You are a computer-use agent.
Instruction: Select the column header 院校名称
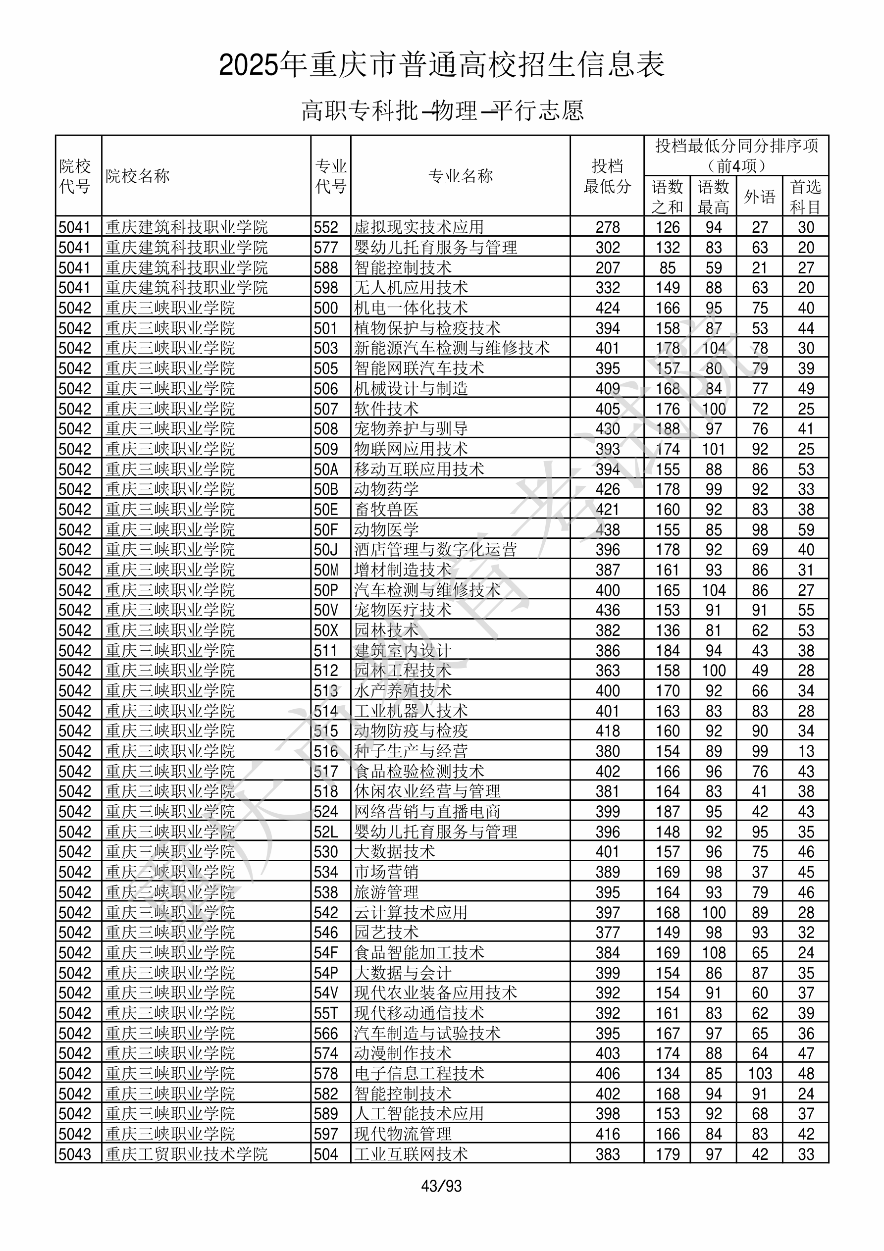click(138, 176)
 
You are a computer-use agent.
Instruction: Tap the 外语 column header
click(759, 197)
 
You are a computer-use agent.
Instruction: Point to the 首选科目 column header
click(806, 197)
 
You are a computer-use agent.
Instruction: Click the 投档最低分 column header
click(607, 176)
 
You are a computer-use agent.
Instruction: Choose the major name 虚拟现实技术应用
click(418, 227)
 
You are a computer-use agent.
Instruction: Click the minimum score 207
click(607, 267)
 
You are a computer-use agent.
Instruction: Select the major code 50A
click(326, 469)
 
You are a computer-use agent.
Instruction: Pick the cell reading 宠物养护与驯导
click(411, 429)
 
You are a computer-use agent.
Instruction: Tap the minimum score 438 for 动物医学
click(607, 529)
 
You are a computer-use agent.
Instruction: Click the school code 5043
click(75, 1154)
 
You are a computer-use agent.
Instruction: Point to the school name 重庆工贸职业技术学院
click(186, 1154)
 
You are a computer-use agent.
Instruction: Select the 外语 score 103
click(759, 1073)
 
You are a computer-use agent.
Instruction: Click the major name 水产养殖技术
click(402, 691)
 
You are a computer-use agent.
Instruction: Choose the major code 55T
click(326, 1013)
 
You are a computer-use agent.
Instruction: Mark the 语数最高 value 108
click(714, 952)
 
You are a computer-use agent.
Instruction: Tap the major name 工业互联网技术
click(411, 1154)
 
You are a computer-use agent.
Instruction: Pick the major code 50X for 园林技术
click(326, 630)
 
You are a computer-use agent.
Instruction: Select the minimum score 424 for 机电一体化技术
click(607, 308)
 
